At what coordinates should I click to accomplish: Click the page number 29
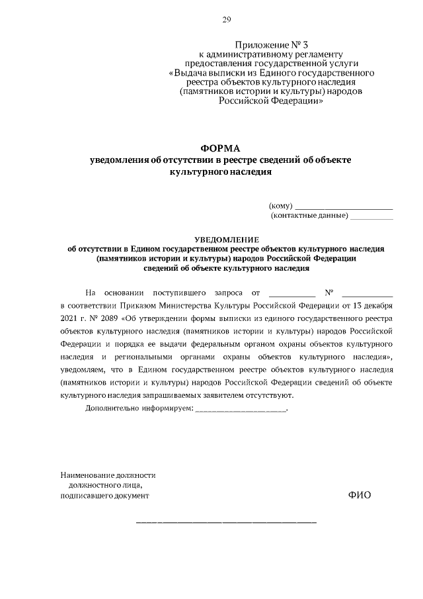pos(226,21)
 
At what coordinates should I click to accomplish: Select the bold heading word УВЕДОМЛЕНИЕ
pos(227,239)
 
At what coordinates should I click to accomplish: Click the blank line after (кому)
pos(343,208)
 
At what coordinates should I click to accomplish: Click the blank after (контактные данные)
pos(371,216)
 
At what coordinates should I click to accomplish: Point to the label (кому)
pos(280,206)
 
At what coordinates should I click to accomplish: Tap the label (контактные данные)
pos(309,216)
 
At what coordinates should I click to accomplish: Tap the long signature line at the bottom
pos(226,523)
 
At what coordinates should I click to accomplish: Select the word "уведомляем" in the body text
pos(82,369)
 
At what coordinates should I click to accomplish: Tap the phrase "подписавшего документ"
pos(104,494)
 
